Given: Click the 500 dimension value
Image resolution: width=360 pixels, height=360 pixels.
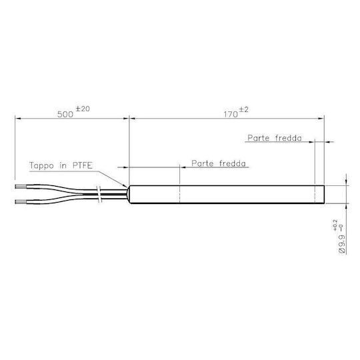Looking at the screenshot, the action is pyautogui.click(x=65, y=115).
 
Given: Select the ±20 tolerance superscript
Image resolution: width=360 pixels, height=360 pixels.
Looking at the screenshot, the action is pyautogui.click(x=83, y=109).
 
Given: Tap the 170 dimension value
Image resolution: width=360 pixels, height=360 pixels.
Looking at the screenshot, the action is pyautogui.click(x=231, y=115).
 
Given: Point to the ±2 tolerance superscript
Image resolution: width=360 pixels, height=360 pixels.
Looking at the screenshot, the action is pyautogui.click(x=244, y=110).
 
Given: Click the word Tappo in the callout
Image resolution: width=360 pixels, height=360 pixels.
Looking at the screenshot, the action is pyautogui.click(x=41, y=165).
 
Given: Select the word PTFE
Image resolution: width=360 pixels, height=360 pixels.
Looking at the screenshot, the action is pyautogui.click(x=83, y=165).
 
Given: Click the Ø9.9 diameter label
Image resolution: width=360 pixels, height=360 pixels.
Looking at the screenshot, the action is pyautogui.click(x=342, y=244).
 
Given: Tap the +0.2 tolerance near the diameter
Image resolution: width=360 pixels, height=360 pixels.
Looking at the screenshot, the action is pyautogui.click(x=335, y=225).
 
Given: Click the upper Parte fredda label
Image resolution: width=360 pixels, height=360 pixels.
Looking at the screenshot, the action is pyautogui.click(x=275, y=138).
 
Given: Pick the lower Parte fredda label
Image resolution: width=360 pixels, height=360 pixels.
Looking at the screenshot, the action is pyautogui.click(x=219, y=163).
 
